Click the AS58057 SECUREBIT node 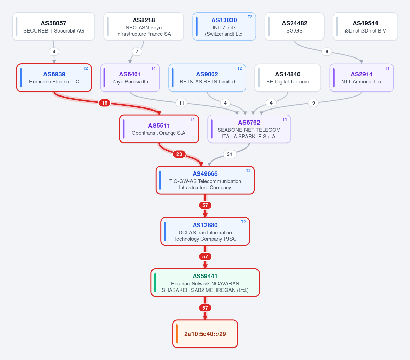[x=54, y=27]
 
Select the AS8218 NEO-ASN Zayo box [x=144, y=27]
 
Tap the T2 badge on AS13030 [x=250, y=17]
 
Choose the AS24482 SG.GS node [x=294, y=27]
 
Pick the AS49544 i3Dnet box [x=365, y=27]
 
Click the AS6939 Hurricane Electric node [x=54, y=78]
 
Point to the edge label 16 [x=105, y=103]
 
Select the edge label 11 [x=182, y=103]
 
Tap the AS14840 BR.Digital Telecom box [x=288, y=78]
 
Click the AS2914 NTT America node [x=362, y=78]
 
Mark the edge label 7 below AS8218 [x=137, y=52]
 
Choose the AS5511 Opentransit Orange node [x=159, y=129]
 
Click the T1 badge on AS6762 [x=285, y=119]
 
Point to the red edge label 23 [x=179, y=154]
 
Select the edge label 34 [x=229, y=154]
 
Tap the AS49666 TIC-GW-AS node [x=205, y=180]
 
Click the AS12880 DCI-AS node [x=205, y=232]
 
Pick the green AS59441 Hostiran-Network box [x=205, y=283]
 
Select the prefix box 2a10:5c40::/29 [x=205, y=334]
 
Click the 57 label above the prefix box [x=205, y=308]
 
